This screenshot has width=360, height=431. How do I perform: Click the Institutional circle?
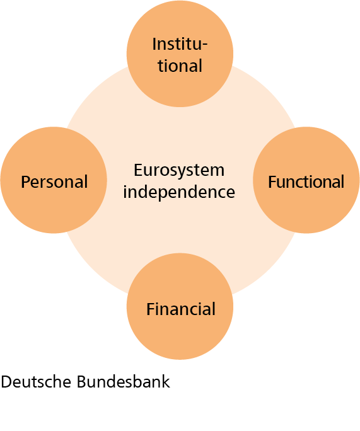[180, 54]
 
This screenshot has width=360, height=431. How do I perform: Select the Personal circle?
[54, 180]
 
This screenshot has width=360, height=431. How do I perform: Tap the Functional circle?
[306, 180]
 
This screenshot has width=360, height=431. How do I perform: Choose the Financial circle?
[180, 306]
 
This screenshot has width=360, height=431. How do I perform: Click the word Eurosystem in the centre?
[179, 171]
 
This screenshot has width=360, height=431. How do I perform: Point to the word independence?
[179, 192]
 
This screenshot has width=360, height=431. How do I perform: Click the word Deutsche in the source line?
[36, 382]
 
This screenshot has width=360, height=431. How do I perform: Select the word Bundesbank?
[124, 382]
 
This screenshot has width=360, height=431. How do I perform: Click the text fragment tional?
[180, 66]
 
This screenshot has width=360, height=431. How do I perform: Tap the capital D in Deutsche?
[6, 382]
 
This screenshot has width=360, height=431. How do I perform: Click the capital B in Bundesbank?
[82, 382]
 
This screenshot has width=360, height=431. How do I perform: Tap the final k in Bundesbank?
[166, 382]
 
